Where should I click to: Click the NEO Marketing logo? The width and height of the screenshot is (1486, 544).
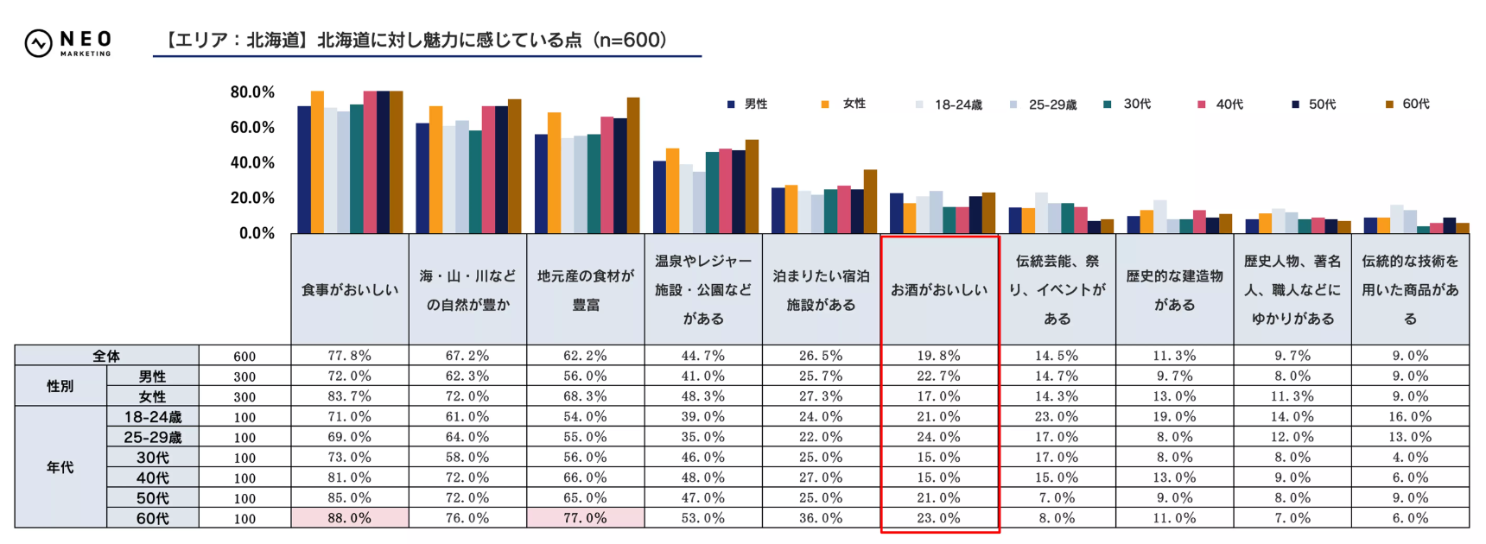pos(68,42)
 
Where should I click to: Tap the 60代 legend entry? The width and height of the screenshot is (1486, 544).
pos(1407,104)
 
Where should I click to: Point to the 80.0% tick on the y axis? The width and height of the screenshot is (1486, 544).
pos(252,92)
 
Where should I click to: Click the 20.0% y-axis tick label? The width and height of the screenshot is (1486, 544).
pos(252,198)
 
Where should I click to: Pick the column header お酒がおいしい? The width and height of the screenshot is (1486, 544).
pos(939,290)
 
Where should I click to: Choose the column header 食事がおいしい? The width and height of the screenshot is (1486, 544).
pos(350,290)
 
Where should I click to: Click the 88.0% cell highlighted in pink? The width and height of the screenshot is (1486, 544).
pos(350,518)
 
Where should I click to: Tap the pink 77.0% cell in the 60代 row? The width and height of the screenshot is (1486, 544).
pos(586,518)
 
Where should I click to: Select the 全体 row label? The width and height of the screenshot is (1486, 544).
pos(106,356)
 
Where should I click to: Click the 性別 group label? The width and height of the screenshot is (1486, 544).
pos(60,386)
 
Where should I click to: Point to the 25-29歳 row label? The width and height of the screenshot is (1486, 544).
pos(153,437)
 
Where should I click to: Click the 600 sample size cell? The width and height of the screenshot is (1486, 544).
pos(244,356)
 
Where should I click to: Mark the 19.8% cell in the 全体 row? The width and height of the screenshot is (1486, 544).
pos(939,356)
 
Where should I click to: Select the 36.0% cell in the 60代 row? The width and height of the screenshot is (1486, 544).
pos(821,518)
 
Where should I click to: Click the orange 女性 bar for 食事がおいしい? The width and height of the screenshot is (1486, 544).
pos(317,162)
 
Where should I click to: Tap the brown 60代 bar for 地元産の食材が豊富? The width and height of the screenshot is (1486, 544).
pos(633,166)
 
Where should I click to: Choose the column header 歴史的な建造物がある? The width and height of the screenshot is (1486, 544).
pos(1175,290)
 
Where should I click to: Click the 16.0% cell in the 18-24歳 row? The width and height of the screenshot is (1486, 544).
pos(1410,416)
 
